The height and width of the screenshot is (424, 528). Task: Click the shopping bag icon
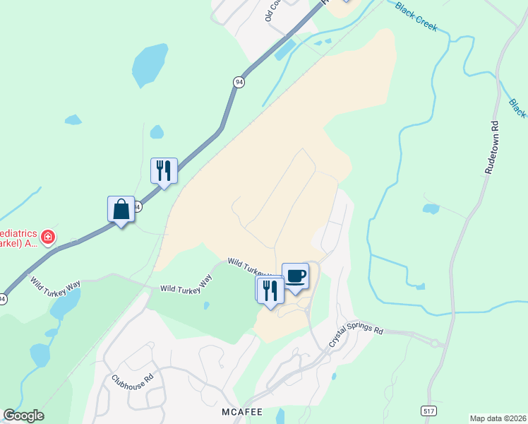[x=121, y=210]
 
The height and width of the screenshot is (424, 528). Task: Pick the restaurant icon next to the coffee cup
[x=270, y=290]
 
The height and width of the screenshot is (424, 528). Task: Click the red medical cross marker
[x=48, y=236]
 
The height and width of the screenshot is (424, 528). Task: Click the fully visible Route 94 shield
[x=239, y=83]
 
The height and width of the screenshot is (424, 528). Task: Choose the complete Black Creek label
[x=416, y=17]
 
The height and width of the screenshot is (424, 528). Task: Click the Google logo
[x=23, y=416]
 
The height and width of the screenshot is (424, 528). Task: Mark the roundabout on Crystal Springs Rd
[x=435, y=343]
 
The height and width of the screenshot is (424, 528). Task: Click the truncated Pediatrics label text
[x=17, y=237]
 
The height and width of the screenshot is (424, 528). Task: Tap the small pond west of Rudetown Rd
[x=430, y=209]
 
